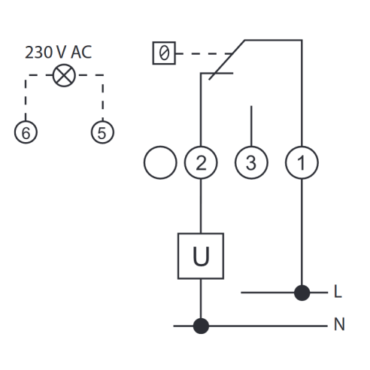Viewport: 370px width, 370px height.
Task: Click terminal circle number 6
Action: click(x=26, y=132)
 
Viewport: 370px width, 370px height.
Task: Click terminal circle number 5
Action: click(x=102, y=132)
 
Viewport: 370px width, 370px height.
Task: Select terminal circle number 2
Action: click(x=201, y=162)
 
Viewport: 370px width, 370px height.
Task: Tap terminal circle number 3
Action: click(x=251, y=162)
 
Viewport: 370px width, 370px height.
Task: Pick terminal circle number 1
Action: click(x=302, y=162)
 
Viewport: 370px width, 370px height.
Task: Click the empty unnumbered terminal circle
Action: click(x=160, y=162)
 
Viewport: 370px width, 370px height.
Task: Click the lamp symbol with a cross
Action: click(x=64, y=75)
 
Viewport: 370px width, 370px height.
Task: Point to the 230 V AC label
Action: click(x=59, y=53)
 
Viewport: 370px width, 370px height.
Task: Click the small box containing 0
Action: click(x=164, y=53)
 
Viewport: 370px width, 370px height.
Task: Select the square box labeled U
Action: click(x=201, y=256)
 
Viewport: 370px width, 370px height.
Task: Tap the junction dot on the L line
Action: click(x=302, y=293)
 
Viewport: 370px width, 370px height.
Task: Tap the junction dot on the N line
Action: click(x=201, y=326)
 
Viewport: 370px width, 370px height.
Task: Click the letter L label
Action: click(x=338, y=291)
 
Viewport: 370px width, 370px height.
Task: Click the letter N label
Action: click(x=339, y=324)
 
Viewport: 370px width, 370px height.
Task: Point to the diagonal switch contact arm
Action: click(x=226, y=60)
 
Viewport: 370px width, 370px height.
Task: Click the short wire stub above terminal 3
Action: click(x=251, y=126)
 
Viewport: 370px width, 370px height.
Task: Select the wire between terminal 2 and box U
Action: click(x=201, y=206)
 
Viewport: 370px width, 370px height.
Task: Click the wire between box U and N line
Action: click(x=201, y=299)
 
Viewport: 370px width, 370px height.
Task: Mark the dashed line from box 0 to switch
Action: click(x=205, y=53)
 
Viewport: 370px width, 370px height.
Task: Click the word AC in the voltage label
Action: click(x=81, y=53)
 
